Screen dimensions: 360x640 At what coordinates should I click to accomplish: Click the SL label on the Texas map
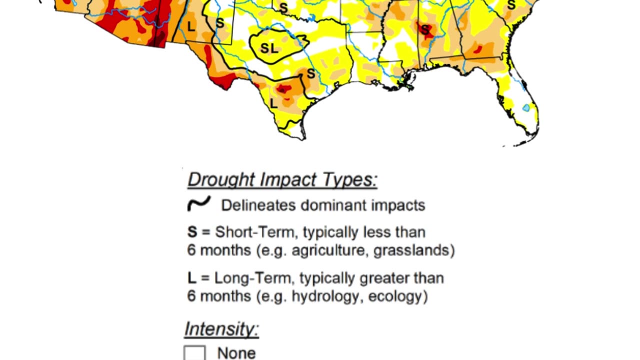tap(269, 48)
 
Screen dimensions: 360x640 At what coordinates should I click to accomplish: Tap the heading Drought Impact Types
tap(282, 179)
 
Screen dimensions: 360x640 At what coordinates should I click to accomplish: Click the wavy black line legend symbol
tap(198, 204)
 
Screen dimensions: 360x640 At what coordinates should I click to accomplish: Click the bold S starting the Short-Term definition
tap(192, 232)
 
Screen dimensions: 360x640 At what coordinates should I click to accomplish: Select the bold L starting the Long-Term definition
tap(191, 278)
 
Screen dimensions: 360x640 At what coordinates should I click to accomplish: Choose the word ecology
tap(395, 296)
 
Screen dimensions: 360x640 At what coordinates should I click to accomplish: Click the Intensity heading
tap(221, 329)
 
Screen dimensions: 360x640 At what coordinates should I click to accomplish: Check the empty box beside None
tap(194, 352)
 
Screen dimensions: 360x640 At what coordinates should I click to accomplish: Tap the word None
tap(236, 353)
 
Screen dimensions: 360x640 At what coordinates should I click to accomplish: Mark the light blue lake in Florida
tap(526, 107)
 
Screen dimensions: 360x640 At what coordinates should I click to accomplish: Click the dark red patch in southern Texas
tap(283, 89)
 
